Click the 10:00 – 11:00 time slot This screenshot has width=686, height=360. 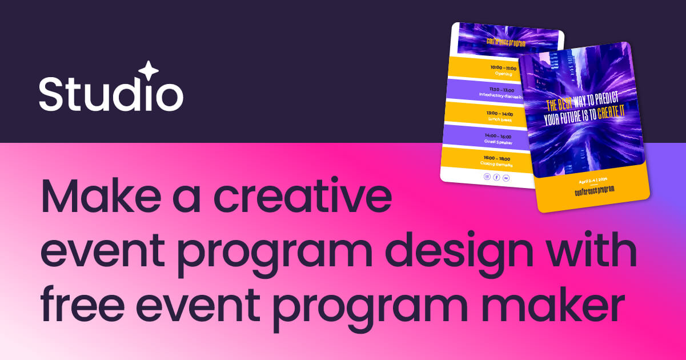pos(503,68)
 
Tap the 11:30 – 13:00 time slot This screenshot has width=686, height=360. pos(500,90)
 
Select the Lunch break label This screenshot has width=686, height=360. pos(499,119)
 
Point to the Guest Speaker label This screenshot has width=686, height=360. pos(498,142)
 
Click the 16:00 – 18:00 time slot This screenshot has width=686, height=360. pos(496,158)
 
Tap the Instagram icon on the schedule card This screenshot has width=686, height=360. pos(487,177)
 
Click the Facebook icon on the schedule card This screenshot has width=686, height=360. pos(496,178)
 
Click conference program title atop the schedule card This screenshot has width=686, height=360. pos(506,42)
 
